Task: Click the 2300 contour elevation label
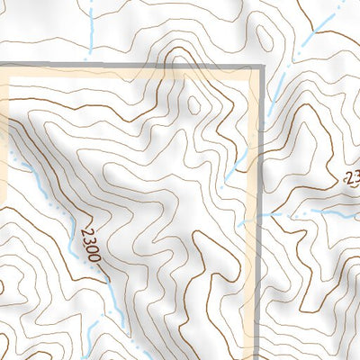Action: [x=90, y=244]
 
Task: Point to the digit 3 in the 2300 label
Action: [x=88, y=239]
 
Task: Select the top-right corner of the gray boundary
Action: [x=260, y=67]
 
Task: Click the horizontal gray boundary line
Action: [x=135, y=67]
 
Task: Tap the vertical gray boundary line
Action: [x=260, y=270]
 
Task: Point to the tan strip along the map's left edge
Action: [x=4, y=135]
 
